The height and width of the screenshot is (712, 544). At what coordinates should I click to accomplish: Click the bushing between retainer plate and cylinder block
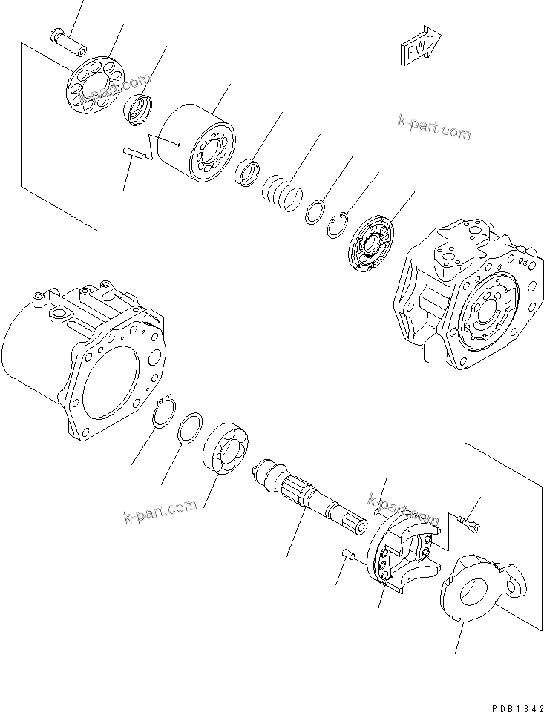(139, 111)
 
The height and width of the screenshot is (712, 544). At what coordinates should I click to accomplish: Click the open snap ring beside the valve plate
(339, 225)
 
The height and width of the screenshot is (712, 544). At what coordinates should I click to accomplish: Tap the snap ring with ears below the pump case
(168, 410)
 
